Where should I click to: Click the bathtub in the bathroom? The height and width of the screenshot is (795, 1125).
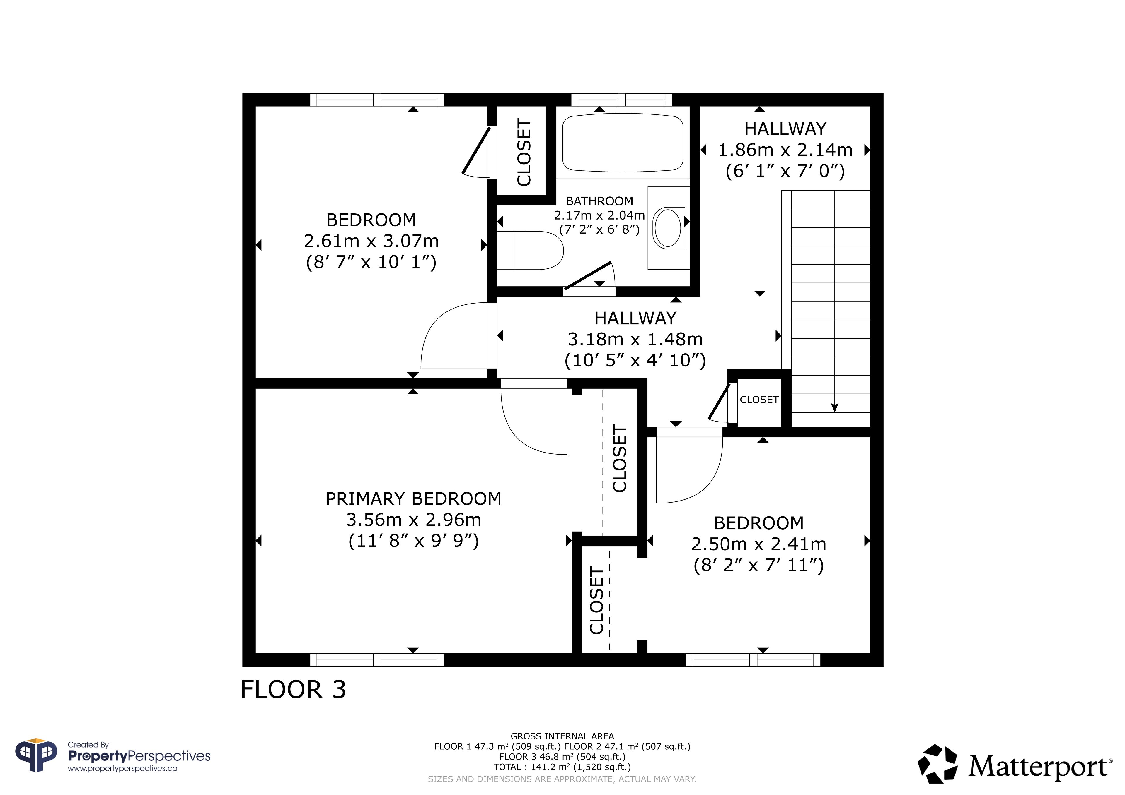coord(623,143)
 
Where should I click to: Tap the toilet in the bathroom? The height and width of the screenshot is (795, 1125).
coord(531,250)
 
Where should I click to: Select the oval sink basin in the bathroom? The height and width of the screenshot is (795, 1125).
coord(668,228)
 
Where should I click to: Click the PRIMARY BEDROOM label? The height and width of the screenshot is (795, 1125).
coord(414,499)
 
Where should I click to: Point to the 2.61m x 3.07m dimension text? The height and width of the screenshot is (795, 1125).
coord(371,241)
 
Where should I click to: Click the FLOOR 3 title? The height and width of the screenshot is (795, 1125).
coord(293,690)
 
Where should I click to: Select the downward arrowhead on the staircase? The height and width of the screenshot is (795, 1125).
coord(834,408)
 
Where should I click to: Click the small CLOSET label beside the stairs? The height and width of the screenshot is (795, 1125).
coord(759,400)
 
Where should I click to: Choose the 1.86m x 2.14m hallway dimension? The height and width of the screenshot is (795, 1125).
coord(785,150)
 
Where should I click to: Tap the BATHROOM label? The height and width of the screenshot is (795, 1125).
coord(599,201)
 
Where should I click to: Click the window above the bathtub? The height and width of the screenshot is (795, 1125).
coord(622,100)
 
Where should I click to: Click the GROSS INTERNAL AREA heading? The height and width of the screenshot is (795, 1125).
coord(562,736)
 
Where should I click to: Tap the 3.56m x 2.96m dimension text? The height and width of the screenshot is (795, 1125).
coord(414,520)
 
